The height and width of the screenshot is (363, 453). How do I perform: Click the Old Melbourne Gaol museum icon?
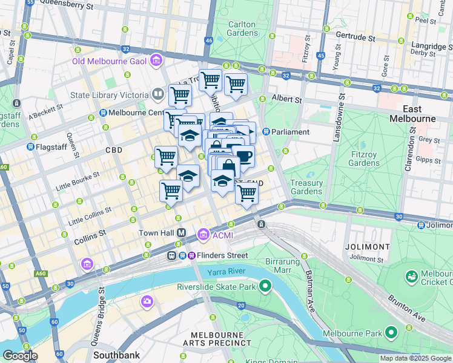pyautogui.click(x=157, y=60)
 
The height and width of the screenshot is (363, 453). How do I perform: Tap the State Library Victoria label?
pyautogui.click(x=109, y=95)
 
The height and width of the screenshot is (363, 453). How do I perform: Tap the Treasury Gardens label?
pyautogui.click(x=306, y=187)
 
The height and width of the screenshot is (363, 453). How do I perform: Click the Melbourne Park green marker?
pyautogui.click(x=391, y=333)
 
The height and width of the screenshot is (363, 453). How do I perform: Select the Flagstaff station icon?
pyautogui.click(x=30, y=146)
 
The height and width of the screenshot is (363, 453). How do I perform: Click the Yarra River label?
pyautogui.click(x=225, y=272)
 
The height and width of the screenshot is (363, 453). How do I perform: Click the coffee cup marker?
pyautogui.click(x=243, y=156)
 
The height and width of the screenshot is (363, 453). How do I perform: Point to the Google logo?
pyautogui.click(x=20, y=356)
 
